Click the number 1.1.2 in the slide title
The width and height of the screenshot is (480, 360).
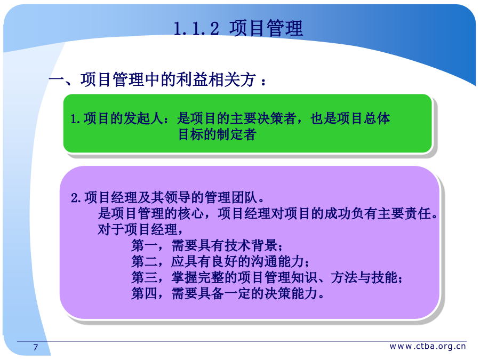196,28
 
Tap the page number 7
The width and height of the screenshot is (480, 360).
36,347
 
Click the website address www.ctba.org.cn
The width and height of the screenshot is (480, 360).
428,346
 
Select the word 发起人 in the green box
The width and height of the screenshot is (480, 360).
143,118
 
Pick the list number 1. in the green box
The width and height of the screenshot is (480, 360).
75,119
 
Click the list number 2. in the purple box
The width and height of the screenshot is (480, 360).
76,198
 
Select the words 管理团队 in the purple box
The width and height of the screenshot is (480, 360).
231,197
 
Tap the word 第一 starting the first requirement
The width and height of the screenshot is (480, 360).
145,245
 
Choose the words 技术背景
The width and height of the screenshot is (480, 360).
251,245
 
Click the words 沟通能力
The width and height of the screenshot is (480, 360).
278,261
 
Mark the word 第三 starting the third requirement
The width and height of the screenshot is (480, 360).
145,278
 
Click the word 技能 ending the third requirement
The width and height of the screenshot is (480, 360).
384,278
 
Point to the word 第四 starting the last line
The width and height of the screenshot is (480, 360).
145,293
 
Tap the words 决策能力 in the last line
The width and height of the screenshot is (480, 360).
291,293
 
